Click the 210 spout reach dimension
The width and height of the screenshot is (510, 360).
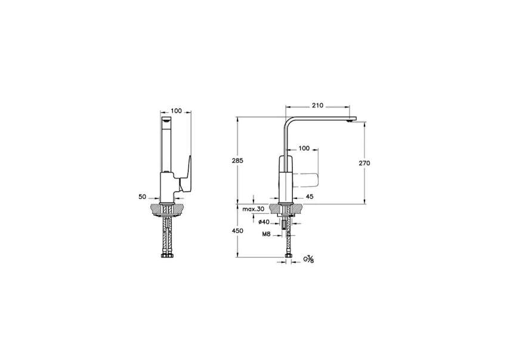click(317, 106)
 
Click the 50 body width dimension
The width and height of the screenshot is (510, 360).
click(142, 196)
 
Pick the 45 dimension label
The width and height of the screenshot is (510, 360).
click(310, 196)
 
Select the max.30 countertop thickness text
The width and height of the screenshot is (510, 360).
click(253, 209)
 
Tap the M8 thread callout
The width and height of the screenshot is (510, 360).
click(267, 235)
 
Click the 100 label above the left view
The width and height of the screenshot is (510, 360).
click(176, 111)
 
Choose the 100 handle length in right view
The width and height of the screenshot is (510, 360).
click(304, 148)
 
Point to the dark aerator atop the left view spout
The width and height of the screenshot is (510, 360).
click(168, 122)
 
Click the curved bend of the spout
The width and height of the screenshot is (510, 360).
click(288, 122)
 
